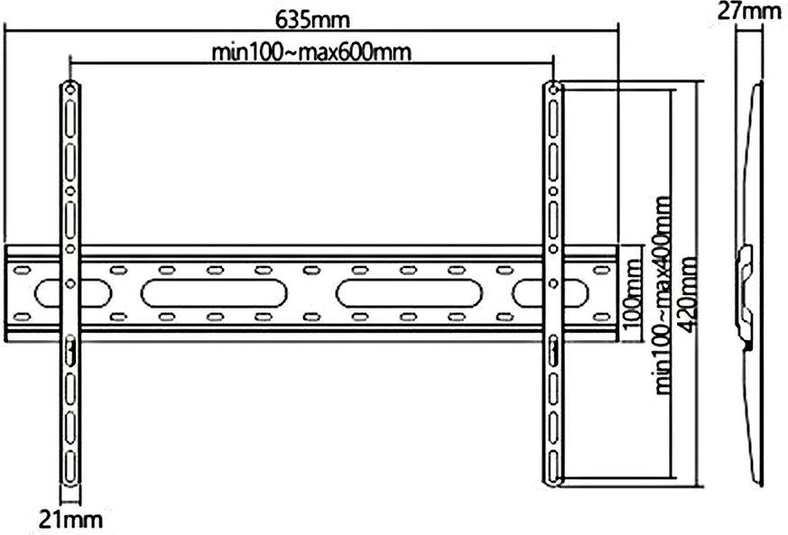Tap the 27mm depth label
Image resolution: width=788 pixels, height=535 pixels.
click(x=748, y=12)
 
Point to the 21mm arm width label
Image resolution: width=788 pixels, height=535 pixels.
click(x=70, y=520)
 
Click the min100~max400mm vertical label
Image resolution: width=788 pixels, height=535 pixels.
click(x=665, y=293)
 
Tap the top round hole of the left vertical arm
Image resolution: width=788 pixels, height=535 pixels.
click(x=70, y=89)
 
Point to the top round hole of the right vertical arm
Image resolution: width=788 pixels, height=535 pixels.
click(x=552, y=89)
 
